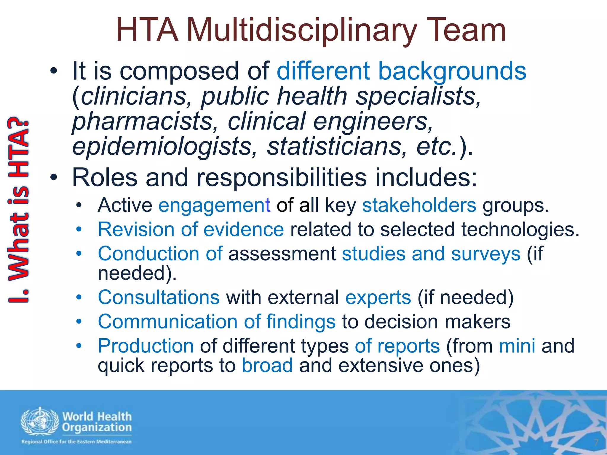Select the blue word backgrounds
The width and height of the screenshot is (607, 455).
pyautogui.click(x=452, y=71)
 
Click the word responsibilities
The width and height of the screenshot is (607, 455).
pyautogui.click(x=282, y=177)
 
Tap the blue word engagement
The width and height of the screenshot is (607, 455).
pyautogui.click(x=214, y=205)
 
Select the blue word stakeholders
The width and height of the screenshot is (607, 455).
pyautogui.click(x=419, y=205)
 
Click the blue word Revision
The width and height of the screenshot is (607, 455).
pyautogui.click(x=136, y=230)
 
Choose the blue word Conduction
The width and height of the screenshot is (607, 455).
pyautogui.click(x=148, y=254)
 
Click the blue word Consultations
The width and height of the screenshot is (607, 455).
pyautogui.click(x=159, y=297)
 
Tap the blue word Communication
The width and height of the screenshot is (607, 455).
pyautogui.click(x=168, y=322)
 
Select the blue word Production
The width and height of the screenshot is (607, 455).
pyautogui.click(x=146, y=346)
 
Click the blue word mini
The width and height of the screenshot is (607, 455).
pyautogui.click(x=517, y=346)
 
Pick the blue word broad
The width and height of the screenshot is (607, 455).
pyautogui.click(x=267, y=366)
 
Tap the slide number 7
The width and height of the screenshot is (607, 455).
pyautogui.click(x=596, y=443)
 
